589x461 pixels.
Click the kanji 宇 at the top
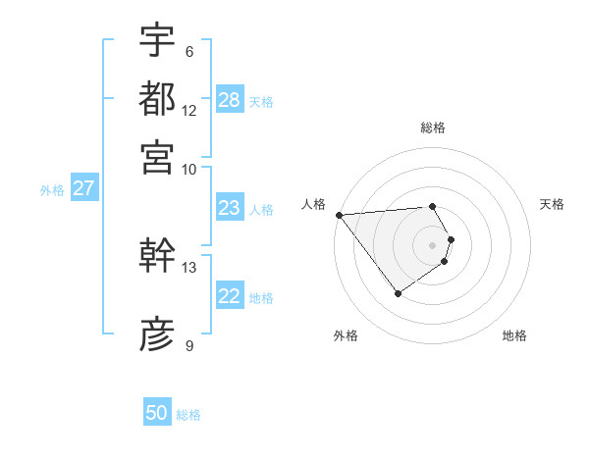pyautogui.click(x=157, y=40)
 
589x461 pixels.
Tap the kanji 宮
pyautogui.click(x=157, y=157)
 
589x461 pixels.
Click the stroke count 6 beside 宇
pyautogui.click(x=188, y=52)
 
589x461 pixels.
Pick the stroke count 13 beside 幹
pyautogui.click(x=189, y=267)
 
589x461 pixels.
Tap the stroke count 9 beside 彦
pyautogui.click(x=188, y=345)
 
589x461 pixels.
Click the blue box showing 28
pyautogui.click(x=230, y=100)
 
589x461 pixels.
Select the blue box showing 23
pyautogui.click(x=229, y=208)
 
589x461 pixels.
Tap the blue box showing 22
pyautogui.click(x=229, y=297)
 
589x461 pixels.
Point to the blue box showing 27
pyautogui.click(x=83, y=188)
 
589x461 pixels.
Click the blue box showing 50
pyautogui.click(x=157, y=413)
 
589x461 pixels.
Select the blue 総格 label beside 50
pyautogui.click(x=189, y=415)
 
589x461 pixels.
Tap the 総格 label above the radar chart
pyautogui.click(x=433, y=128)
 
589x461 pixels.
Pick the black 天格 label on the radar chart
pyautogui.click(x=552, y=204)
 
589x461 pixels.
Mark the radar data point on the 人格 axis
pyautogui.click(x=339, y=215)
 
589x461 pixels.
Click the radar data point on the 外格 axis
pyautogui.click(x=398, y=293)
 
